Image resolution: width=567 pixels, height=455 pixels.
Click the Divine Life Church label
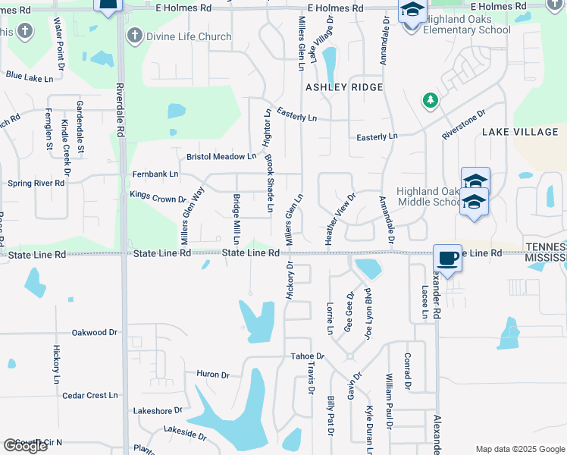tap(189, 36)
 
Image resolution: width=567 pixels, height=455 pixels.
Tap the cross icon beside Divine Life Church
tap(135, 36)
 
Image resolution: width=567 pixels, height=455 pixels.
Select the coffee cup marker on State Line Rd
tap(447, 258)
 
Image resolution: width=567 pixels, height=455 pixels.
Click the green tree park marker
tap(431, 100)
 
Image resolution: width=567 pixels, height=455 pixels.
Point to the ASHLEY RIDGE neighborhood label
tap(343, 87)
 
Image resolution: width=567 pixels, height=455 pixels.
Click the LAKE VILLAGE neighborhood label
tap(520, 132)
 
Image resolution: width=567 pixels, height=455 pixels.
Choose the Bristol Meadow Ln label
tap(221, 157)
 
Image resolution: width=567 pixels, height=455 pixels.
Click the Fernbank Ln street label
tap(155, 174)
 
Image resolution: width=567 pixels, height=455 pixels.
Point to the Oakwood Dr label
tap(95, 332)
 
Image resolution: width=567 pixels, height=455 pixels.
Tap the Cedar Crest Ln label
tap(90, 395)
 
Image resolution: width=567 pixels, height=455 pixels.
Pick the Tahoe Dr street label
tap(307, 356)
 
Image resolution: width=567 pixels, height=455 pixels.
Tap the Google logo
tap(26, 446)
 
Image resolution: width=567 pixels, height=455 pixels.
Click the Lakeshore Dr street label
tap(158, 410)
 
